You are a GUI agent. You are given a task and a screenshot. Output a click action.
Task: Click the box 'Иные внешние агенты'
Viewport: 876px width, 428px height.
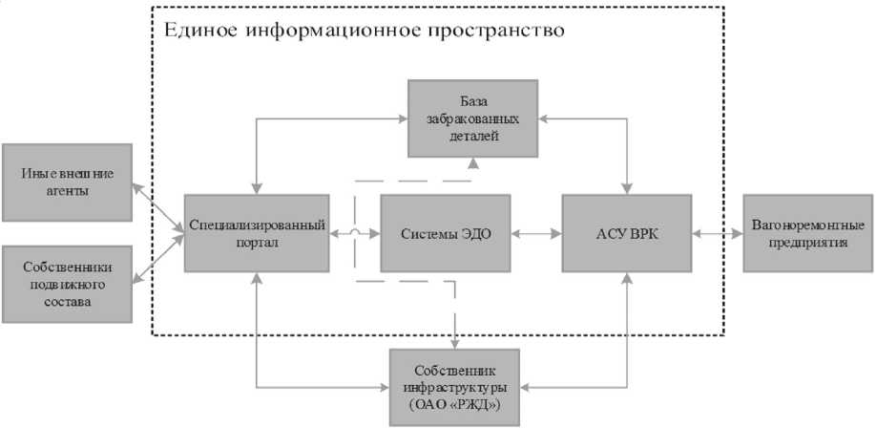[68, 180]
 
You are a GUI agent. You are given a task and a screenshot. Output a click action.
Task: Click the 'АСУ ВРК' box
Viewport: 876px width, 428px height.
[626, 233]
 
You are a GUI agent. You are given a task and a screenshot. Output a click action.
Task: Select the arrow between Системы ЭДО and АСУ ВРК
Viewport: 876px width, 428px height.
[536, 233]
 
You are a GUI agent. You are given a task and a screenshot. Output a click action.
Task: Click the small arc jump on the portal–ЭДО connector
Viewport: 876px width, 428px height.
[355, 233]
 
